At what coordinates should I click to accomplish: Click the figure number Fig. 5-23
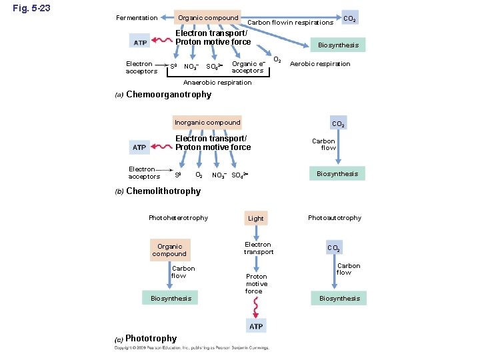coord(31,9)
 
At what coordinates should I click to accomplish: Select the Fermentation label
coord(137,18)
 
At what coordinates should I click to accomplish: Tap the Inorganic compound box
coord(207,123)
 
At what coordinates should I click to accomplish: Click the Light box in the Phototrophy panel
coord(256,218)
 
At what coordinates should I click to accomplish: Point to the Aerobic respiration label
coord(320,64)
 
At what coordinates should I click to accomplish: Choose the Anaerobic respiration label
coord(217,83)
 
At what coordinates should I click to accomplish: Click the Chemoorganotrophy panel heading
coord(169,95)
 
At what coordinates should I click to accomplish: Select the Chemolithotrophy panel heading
coord(163,191)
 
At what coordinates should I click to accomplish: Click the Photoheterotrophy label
coord(178,218)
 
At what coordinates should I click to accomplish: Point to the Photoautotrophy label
coord(335,218)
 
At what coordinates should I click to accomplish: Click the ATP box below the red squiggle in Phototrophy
coord(256,326)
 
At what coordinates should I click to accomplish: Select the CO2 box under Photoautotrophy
coord(335,248)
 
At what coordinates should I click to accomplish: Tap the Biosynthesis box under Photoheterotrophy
coord(171,298)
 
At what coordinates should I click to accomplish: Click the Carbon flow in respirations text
coord(290,23)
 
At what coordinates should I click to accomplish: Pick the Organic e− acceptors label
coord(248,67)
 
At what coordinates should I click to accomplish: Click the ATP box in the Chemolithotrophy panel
coord(139,147)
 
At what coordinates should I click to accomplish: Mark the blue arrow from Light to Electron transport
coord(256,231)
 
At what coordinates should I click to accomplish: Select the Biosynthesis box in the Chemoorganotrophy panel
coord(338,45)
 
